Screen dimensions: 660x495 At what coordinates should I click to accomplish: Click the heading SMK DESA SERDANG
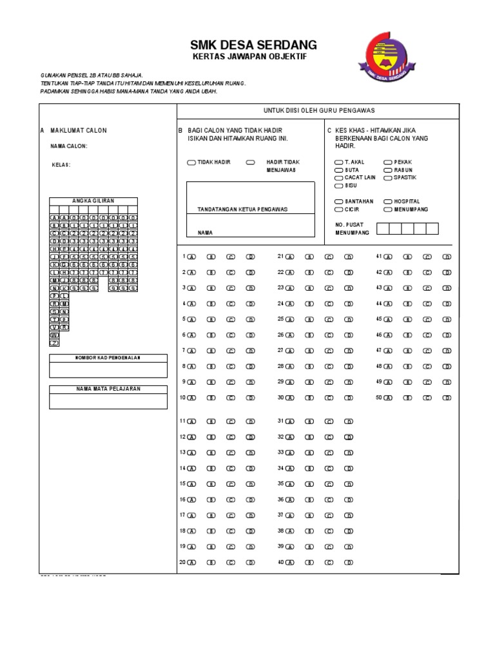pos(253,44)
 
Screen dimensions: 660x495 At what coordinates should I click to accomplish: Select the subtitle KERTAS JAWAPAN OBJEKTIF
pos(250,57)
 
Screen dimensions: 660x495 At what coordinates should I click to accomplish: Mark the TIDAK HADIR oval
pos(191,162)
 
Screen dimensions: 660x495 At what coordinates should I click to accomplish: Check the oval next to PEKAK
pos(388,162)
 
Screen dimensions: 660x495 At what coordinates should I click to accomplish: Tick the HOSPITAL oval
pos(388,202)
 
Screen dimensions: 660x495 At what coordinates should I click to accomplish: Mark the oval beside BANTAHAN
pos(339,202)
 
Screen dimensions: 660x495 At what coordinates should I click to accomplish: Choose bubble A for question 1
pos(192,257)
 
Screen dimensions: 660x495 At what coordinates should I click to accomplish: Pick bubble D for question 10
pos(251,398)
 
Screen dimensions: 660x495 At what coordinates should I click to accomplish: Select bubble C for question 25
pos(329,319)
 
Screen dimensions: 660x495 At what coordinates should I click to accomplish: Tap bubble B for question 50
pos(407,398)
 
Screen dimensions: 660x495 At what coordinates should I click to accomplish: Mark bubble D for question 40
pos(349,563)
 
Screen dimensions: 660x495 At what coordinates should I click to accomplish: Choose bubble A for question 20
pos(192,563)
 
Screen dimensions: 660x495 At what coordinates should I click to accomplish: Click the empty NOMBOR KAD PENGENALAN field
pos(108,370)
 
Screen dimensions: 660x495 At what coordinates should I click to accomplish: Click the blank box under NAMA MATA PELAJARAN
pos(108,401)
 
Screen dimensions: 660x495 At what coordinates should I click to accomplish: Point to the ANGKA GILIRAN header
pos(93,201)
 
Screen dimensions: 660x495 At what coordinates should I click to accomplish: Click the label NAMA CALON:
pos(69,146)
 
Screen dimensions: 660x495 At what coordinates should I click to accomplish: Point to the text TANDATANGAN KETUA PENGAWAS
pos(242,209)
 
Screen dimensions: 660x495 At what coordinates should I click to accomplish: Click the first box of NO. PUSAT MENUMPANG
pos(383,228)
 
